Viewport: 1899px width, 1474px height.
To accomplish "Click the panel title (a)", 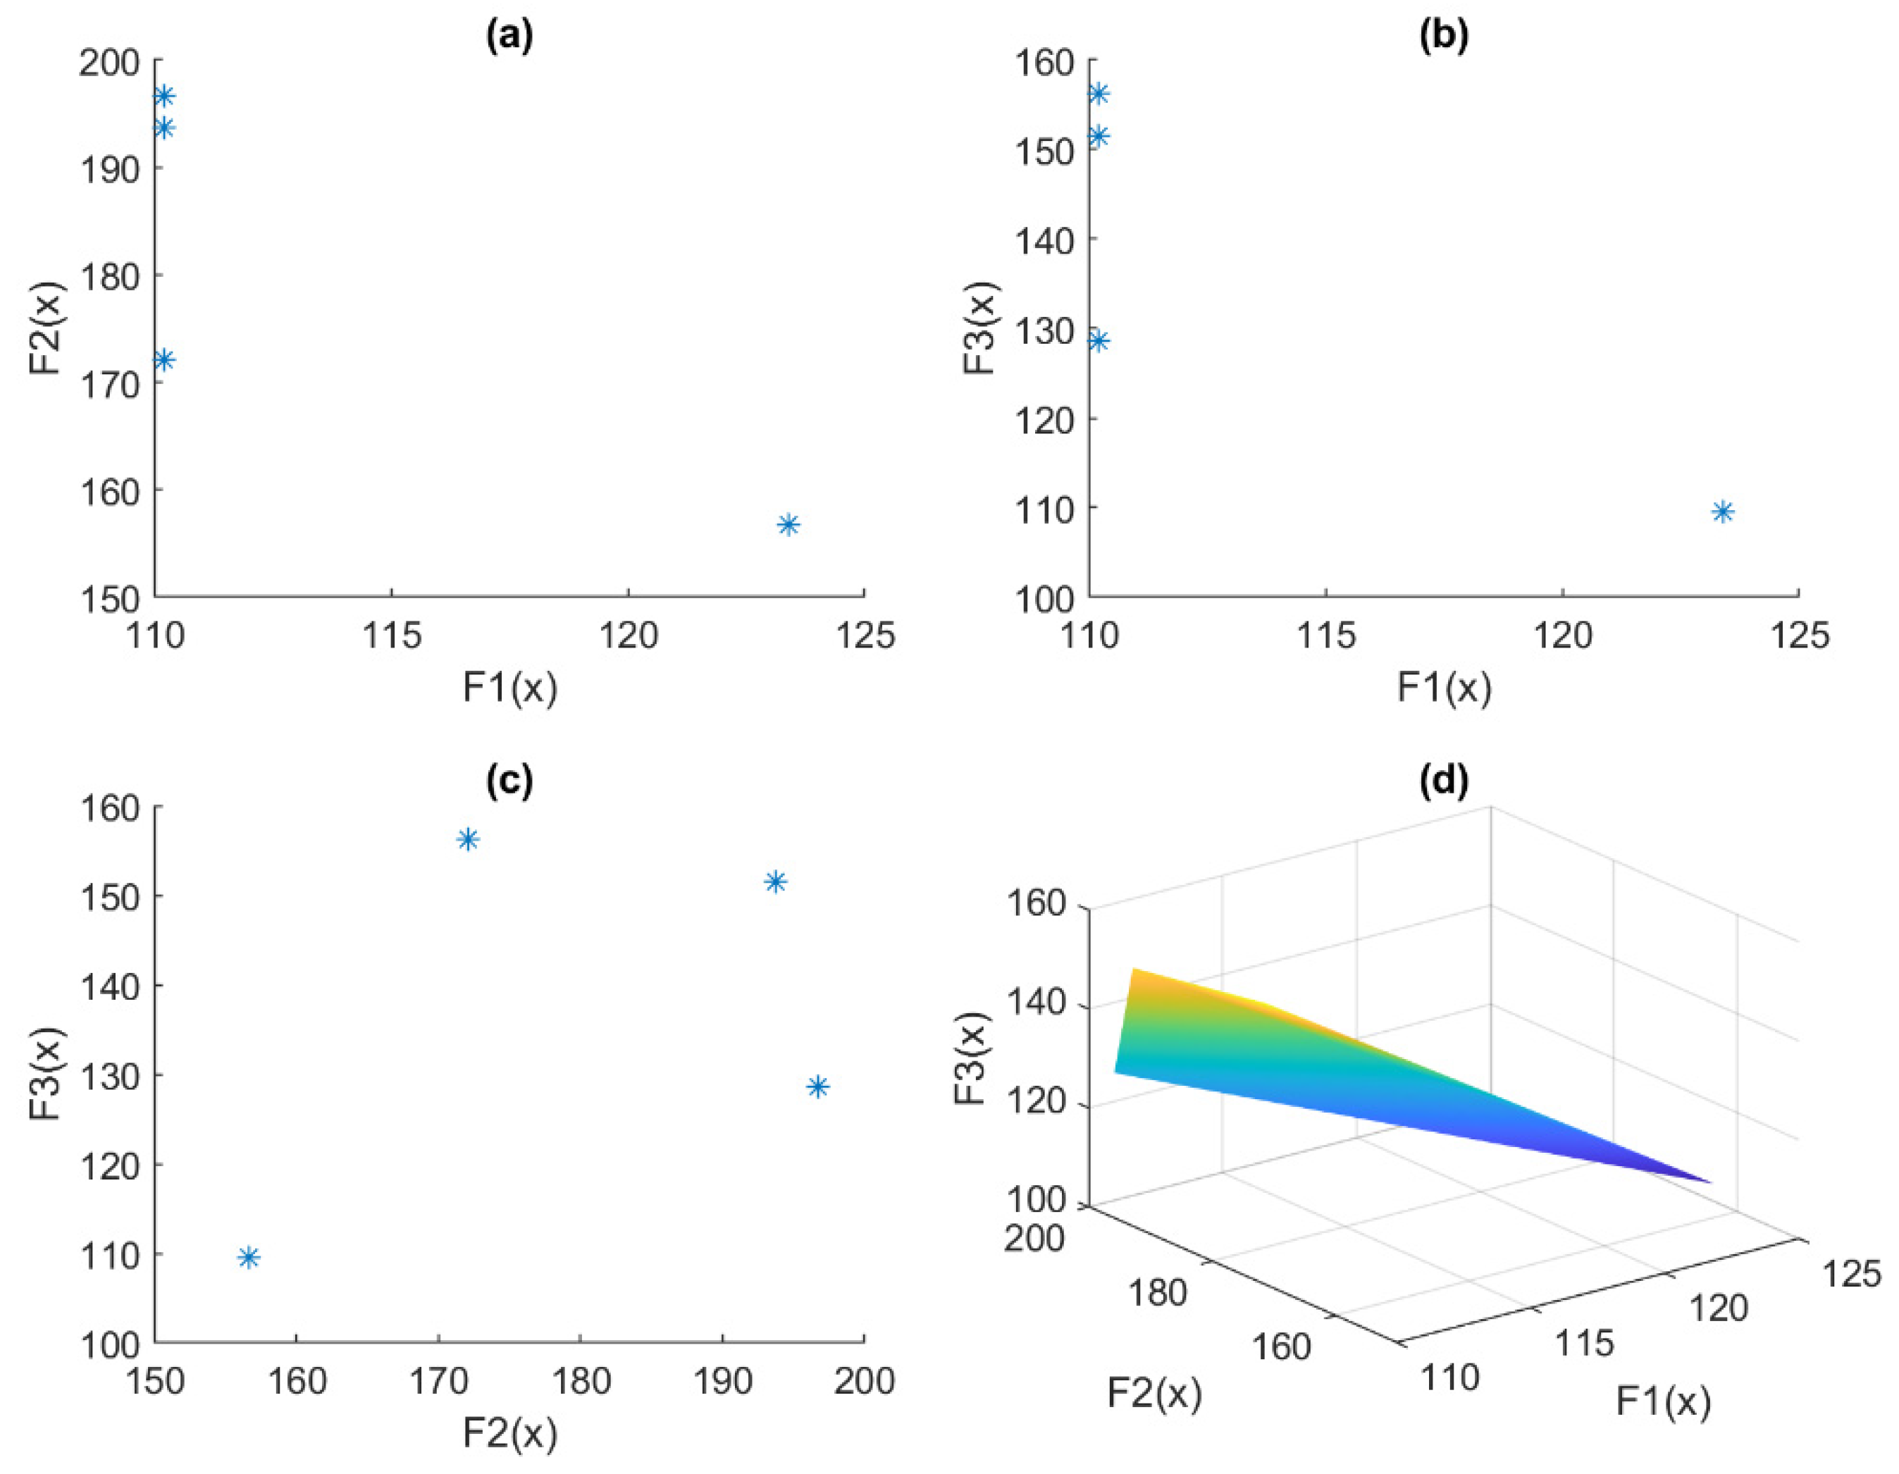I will pyautogui.click(x=509, y=36).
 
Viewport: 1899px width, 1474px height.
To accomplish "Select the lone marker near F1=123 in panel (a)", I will pyautogui.click(x=788, y=524).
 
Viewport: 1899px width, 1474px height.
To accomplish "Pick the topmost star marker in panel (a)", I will pyautogui.click(x=163, y=96).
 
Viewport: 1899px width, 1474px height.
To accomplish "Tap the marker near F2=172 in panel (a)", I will pyautogui.click(x=163, y=360).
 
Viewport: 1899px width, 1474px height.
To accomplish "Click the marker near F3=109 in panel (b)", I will pyautogui.click(x=1723, y=512).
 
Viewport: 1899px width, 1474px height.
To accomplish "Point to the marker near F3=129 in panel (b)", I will pyautogui.click(x=1099, y=340).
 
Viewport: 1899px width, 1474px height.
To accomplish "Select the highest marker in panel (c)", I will pyautogui.click(x=468, y=839).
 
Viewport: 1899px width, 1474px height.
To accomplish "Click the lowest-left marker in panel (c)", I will pyautogui.click(x=249, y=1258).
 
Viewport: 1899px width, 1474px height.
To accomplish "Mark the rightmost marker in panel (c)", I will pyautogui.click(x=817, y=1086).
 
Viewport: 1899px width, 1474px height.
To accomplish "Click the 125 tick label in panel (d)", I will pyautogui.click(x=1850, y=1274).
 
